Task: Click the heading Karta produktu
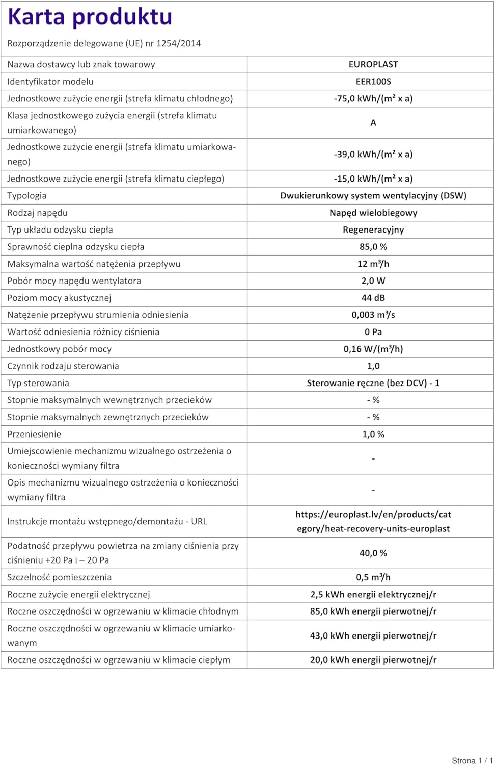90,17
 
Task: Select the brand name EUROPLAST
373,64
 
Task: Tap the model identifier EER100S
373,82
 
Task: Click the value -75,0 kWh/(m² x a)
373,98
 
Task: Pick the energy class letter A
373,123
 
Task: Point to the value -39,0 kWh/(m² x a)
373,154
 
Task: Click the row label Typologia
27,196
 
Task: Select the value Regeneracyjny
373,230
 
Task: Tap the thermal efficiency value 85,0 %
373,247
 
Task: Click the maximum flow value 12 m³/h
373,264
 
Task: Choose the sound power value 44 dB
373,298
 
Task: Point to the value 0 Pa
373,332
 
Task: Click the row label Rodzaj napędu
37,213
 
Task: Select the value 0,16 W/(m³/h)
373,349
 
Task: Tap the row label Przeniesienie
34,435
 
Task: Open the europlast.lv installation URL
373,521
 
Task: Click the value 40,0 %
373,553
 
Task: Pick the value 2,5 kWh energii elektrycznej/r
373,595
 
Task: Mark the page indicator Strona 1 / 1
472,760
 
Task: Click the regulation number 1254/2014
178,43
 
